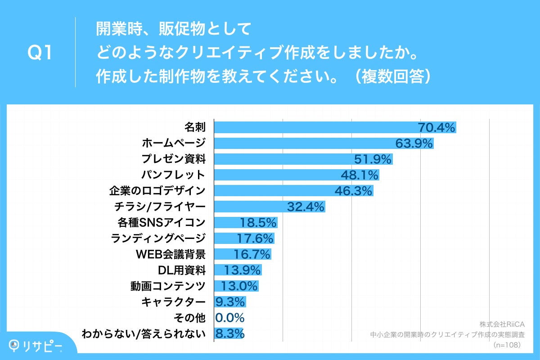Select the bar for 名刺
pos(315,128)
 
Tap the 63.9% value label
pos(414,144)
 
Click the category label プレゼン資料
pos(173,159)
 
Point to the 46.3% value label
pos(354,191)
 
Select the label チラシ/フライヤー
pos(161,207)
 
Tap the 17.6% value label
pos(255,238)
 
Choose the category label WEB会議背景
pos(171,254)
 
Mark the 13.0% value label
pos(239,286)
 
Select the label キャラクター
pos(173,302)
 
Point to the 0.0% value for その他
pos(230,318)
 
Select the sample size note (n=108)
pos(507,345)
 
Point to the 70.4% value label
pos(437,128)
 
